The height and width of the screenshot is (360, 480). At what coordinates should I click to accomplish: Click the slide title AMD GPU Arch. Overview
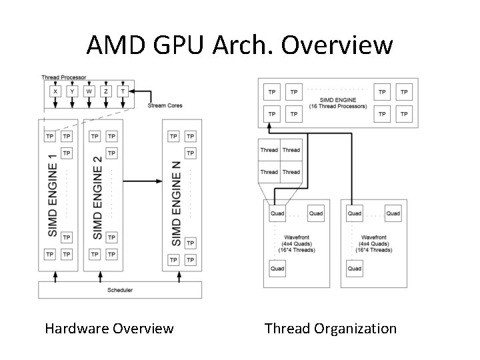240,45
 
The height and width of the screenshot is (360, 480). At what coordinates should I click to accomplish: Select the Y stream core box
72,91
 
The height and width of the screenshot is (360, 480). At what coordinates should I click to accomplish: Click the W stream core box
89,91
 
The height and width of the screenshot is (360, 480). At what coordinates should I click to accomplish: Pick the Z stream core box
106,91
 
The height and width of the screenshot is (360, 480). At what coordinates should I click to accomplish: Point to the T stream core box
123,91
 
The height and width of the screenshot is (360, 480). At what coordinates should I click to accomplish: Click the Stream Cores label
165,105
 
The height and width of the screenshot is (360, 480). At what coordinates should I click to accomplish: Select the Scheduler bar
120,290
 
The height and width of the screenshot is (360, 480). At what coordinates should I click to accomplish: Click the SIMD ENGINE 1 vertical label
53,195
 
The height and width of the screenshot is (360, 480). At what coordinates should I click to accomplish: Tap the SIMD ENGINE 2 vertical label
97,197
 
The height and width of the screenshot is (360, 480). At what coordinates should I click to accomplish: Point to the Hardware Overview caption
109,328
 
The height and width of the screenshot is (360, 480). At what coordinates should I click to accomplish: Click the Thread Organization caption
330,328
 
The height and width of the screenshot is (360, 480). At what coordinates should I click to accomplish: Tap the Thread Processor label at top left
64,78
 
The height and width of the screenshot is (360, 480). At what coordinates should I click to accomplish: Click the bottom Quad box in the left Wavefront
277,269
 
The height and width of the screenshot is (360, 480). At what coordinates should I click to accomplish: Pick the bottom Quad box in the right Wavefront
355,269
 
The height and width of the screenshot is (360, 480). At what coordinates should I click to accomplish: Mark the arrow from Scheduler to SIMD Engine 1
55,275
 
